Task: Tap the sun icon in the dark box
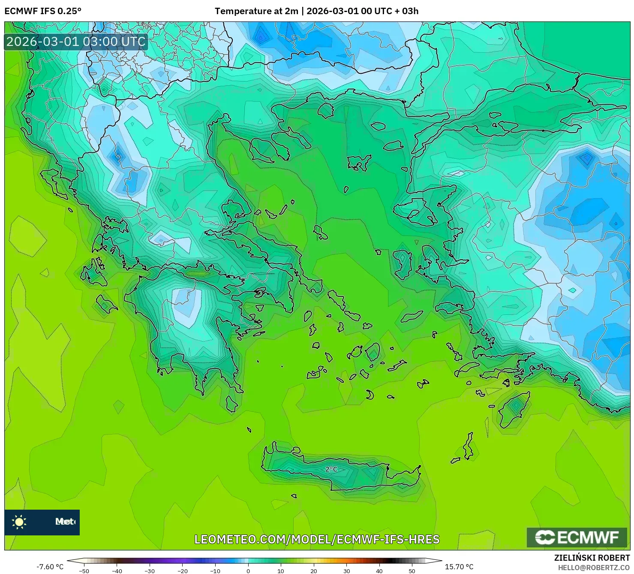click(x=19, y=522)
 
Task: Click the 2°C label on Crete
click(x=331, y=469)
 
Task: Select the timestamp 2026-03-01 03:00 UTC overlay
click(x=76, y=42)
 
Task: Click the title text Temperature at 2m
click(x=256, y=11)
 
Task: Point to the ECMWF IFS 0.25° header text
click(x=43, y=11)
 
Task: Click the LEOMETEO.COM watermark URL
click(x=317, y=539)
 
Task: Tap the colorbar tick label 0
click(x=248, y=571)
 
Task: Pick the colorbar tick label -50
click(x=84, y=571)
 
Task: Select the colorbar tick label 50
click(x=412, y=571)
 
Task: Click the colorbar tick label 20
click(x=314, y=571)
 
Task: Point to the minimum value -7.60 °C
click(x=50, y=567)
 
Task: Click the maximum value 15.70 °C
click(x=459, y=567)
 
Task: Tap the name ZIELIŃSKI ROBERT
click(x=592, y=558)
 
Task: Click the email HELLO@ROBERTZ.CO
click(x=594, y=568)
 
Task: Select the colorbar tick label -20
click(x=182, y=571)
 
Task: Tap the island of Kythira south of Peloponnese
click(x=231, y=404)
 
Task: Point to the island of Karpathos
click(x=469, y=446)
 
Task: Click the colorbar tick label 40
click(x=379, y=571)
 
